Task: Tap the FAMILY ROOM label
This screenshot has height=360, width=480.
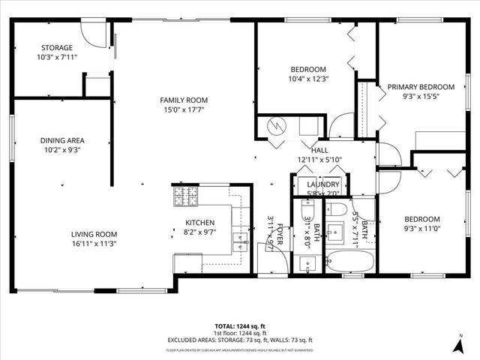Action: pyautogui.click(x=184, y=100)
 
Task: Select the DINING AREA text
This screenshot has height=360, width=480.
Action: pyautogui.click(x=61, y=140)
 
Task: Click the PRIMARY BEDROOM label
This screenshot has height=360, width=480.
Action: pyautogui.click(x=421, y=87)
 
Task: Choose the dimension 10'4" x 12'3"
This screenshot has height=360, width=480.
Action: pyautogui.click(x=309, y=78)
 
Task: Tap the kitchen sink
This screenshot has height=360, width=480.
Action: pyautogui.click(x=240, y=241)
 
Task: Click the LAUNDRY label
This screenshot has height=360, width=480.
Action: pyautogui.click(x=323, y=184)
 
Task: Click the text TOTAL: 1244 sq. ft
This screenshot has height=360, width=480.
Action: pyautogui.click(x=240, y=326)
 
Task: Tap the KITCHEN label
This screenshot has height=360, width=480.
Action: pyautogui.click(x=200, y=223)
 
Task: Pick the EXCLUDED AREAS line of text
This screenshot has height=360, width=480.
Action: pyautogui.click(x=240, y=340)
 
